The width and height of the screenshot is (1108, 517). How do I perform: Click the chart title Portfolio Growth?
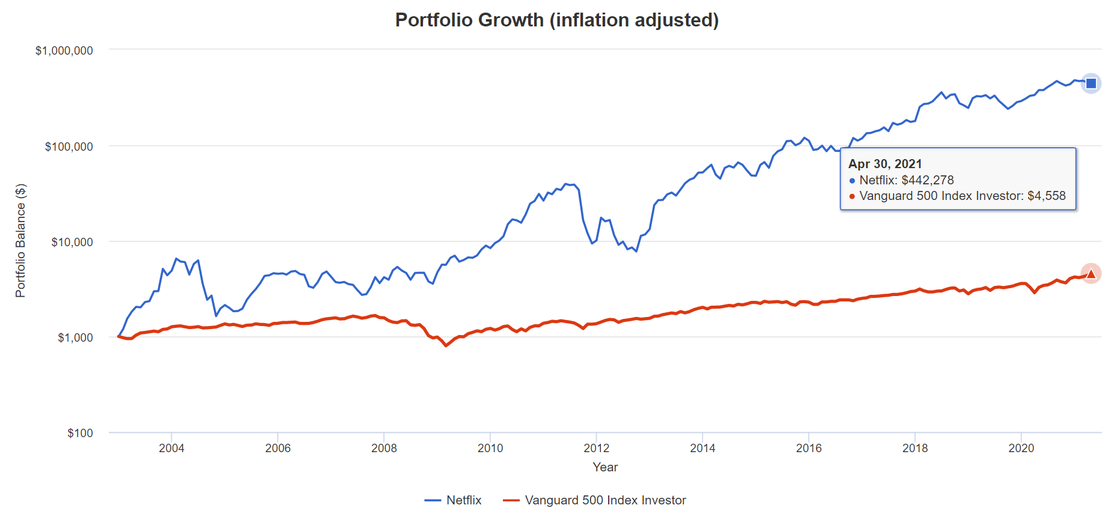pos(556,20)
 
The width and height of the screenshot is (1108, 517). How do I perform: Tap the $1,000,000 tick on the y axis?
pos(64,50)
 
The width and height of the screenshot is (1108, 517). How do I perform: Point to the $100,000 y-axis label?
pos(68,147)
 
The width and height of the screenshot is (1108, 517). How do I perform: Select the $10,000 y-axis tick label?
pos(72,242)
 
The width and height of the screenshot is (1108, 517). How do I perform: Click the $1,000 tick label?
pos(75,337)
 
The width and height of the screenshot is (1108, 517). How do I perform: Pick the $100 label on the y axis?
pos(80,433)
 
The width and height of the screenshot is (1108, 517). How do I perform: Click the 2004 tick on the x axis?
pos(171,448)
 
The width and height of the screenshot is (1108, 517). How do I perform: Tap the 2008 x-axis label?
pos(384,448)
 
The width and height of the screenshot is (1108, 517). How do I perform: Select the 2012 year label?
pos(596,448)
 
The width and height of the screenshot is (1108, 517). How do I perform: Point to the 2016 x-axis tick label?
pos(809,448)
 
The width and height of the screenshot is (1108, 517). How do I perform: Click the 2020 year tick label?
pos(1021,448)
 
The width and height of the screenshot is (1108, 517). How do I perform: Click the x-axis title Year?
pos(605,467)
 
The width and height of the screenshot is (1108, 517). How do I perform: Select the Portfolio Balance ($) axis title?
pos(20,241)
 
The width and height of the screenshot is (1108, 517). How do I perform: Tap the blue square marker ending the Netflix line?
pos(1091,83)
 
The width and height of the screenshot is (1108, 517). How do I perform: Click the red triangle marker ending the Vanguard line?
pos(1091,274)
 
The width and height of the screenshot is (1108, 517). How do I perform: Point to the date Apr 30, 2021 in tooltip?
pos(884,164)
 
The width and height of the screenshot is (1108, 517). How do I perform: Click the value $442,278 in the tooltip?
pos(927,180)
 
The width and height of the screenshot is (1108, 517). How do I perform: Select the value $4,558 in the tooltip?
pos(1046,196)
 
